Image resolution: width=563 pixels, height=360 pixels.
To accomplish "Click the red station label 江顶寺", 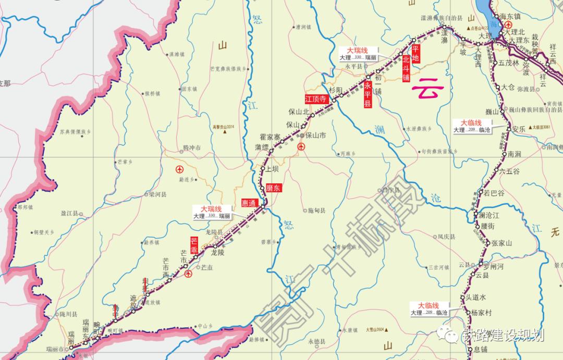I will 316,98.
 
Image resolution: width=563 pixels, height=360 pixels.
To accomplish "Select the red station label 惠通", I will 249,203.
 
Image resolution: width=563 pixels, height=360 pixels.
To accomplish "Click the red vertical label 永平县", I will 368,94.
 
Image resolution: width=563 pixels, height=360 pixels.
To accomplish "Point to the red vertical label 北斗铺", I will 406,69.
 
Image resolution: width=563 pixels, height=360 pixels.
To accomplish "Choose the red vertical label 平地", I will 415,54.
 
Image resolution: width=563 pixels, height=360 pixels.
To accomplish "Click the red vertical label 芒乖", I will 194,246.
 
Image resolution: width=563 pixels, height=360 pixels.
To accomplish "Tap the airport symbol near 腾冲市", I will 180,169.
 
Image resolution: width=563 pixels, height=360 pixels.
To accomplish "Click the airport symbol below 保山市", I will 301,148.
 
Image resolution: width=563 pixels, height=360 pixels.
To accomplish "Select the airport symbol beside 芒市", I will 188,273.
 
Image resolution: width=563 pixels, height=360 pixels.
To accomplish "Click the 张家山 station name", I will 502,243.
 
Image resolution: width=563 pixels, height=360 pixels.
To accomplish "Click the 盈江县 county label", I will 69,214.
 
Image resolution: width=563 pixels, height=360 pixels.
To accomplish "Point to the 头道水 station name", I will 475,297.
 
